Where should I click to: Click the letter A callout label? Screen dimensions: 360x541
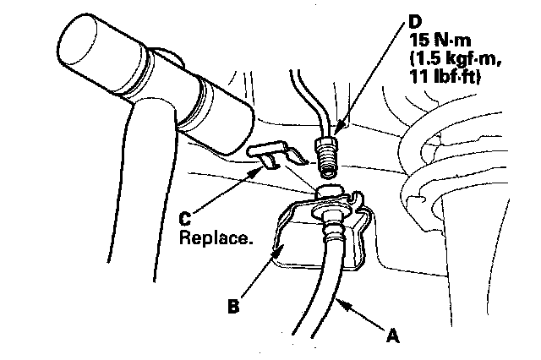coord(391,335)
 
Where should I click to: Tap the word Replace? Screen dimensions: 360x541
coord(216,238)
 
